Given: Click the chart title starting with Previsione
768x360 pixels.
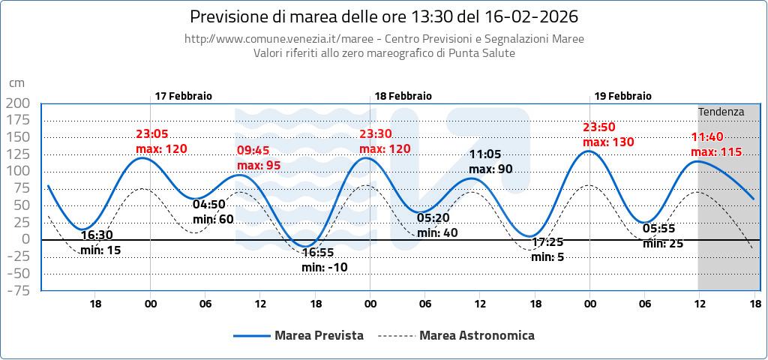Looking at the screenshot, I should (x=384, y=16).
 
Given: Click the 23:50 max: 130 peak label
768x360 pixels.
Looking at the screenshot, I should (x=608, y=135).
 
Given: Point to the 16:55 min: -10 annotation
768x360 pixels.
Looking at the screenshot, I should (x=324, y=259).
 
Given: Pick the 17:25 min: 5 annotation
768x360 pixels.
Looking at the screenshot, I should (x=547, y=250).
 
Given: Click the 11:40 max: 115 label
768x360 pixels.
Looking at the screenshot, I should (x=715, y=145).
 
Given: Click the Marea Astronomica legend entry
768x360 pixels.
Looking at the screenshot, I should (x=457, y=335).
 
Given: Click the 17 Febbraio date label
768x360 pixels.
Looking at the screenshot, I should (x=184, y=96).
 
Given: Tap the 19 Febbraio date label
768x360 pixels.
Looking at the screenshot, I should (x=622, y=96).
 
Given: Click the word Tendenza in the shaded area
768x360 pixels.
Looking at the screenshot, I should (x=721, y=112).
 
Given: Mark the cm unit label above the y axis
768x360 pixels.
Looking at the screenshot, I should (x=16, y=83).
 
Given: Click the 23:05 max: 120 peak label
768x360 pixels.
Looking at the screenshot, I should (x=161, y=141).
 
